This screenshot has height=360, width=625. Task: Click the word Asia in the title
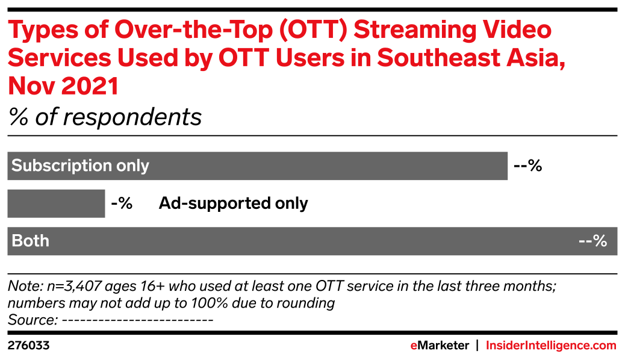pos(537,58)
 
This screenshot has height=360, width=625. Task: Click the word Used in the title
pos(148,58)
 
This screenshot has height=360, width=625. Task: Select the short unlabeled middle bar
pos(56,203)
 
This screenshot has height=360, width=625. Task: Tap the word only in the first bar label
pos(132,166)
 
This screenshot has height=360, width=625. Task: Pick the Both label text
pos(30,241)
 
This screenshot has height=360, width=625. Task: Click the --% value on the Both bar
pos(592,241)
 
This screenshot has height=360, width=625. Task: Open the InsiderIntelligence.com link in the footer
pos(551,346)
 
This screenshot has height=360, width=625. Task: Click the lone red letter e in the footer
pos(414,346)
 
